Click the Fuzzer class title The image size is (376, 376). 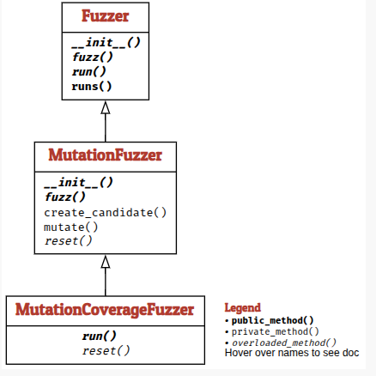pos(106,16)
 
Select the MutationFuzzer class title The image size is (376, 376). pos(106,155)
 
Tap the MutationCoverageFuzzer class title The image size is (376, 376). pos(105,310)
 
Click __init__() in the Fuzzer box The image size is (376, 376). pos(106,43)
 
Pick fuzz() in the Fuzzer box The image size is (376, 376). pos(93,57)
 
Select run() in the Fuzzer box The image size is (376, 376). pos(89,71)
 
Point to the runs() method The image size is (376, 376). pos(92,86)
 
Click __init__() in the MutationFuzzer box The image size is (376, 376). pos(78,183)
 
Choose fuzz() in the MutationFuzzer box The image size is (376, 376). pos(65,197)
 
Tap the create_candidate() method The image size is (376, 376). pos(106,213)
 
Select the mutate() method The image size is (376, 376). pos(71,227)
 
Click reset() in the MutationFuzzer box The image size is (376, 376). pos(69,241)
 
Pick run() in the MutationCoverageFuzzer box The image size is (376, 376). pos(100,337)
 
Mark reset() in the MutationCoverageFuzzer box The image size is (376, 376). pos(106,351)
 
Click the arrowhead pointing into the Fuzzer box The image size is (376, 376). pos(106,107)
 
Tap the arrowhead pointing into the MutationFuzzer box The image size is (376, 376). pos(106,262)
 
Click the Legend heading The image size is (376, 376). pos(243,308)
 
